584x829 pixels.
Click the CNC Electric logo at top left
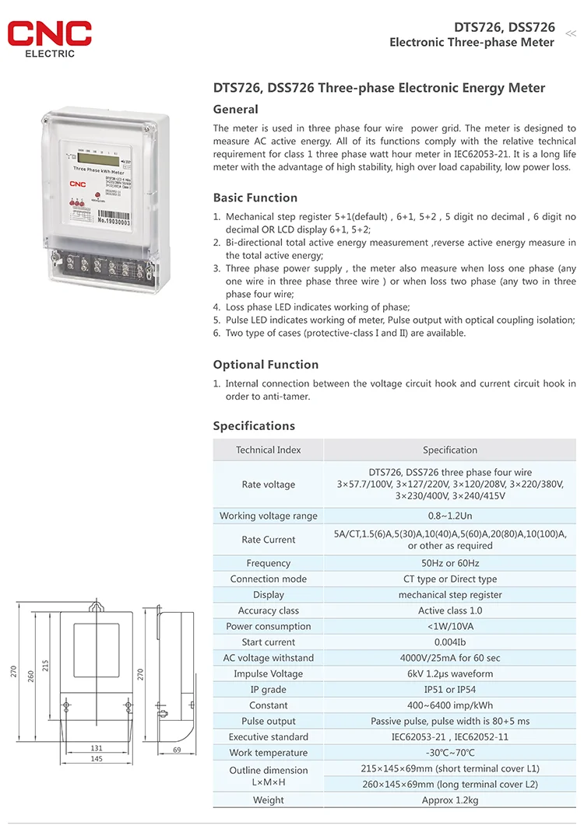pyautogui.click(x=50, y=38)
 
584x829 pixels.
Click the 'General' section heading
pyautogui.click(x=235, y=110)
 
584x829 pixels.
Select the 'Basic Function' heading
pyautogui.click(x=255, y=198)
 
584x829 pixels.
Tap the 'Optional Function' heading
pyautogui.click(x=266, y=365)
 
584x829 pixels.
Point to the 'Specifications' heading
pyautogui.click(x=254, y=426)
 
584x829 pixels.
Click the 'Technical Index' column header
pyautogui.click(x=269, y=450)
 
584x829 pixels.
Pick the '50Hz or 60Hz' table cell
pyautogui.click(x=450, y=563)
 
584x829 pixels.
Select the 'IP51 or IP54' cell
pyautogui.click(x=450, y=690)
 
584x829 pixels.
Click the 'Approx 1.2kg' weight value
pyautogui.click(x=450, y=800)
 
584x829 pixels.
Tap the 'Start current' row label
pyautogui.click(x=269, y=642)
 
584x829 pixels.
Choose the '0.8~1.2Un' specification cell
pyautogui.click(x=450, y=516)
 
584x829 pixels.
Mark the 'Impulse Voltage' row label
pyautogui.click(x=269, y=674)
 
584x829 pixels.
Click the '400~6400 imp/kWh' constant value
pyautogui.click(x=450, y=705)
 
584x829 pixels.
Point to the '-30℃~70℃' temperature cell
pyautogui.click(x=450, y=753)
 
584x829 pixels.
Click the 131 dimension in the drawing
pyautogui.click(x=97, y=748)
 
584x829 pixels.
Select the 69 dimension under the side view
pyautogui.click(x=177, y=750)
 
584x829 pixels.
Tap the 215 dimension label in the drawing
pyautogui.click(x=45, y=666)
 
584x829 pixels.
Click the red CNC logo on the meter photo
pyautogui.click(x=77, y=184)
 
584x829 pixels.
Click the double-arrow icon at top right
pyautogui.click(x=570, y=33)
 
